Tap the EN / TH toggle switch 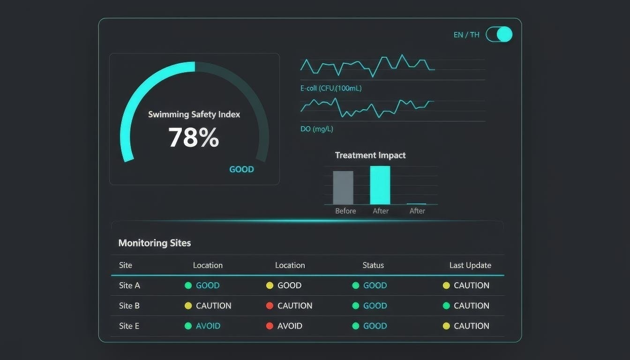[499, 34]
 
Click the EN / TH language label [466, 35]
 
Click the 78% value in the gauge [194, 138]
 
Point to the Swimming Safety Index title [194, 114]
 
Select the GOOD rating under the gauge [241, 170]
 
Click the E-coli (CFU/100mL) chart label [331, 88]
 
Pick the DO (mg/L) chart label [317, 129]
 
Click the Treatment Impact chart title [370, 155]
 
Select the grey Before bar [343, 187]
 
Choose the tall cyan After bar [380, 185]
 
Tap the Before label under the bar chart [345, 211]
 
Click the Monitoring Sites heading [155, 243]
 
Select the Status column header [373, 265]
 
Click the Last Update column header [470, 265]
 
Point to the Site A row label [129, 285]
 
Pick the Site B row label [129, 306]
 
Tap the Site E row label [129, 326]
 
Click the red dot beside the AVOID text [270, 326]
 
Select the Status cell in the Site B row [370, 306]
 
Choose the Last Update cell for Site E [466, 326]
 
